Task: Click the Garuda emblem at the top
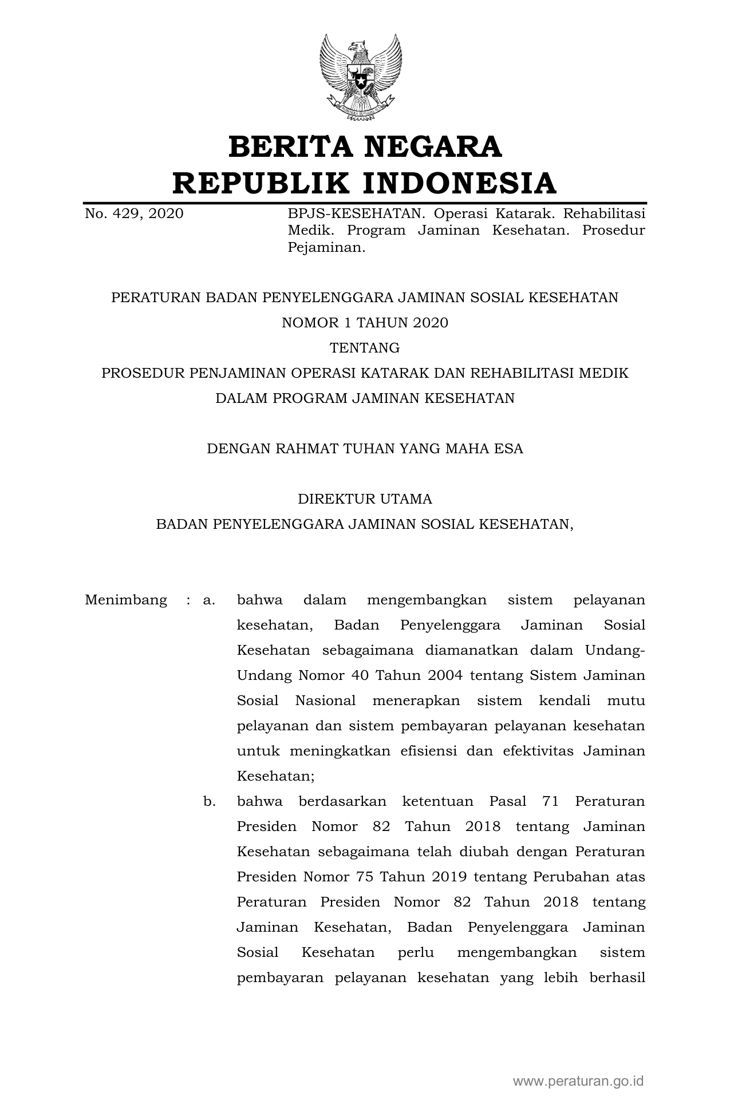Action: [361, 78]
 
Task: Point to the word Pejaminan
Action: [326, 248]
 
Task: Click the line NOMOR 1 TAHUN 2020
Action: [365, 323]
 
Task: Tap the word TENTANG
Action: [365, 348]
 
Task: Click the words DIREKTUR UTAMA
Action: [365, 499]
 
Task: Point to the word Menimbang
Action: [126, 600]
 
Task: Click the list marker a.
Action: [208, 600]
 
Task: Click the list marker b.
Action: [209, 801]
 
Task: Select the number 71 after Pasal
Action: [550, 801]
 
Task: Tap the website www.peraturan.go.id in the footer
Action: [578, 1081]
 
